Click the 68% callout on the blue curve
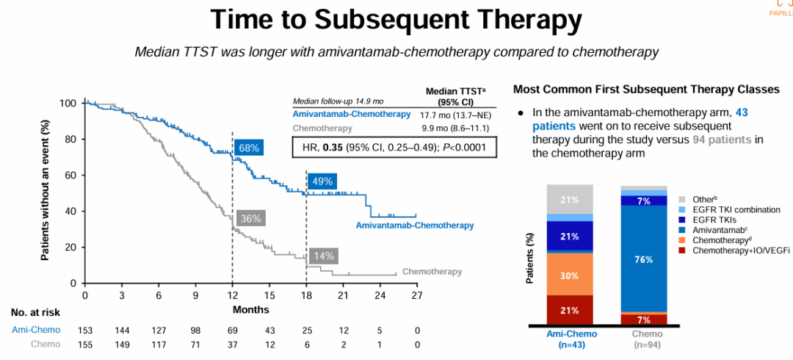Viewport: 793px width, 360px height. click(249, 148)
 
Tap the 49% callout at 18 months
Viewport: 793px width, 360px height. click(322, 181)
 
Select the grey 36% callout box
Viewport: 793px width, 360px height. click(250, 218)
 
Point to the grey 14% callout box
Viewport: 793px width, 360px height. click(322, 256)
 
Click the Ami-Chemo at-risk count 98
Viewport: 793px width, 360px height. click(195, 331)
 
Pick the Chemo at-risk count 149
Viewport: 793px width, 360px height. click(122, 344)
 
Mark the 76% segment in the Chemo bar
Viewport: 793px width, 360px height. click(644, 259)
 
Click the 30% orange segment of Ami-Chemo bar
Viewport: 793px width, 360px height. click(569, 276)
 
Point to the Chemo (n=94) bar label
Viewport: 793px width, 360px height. click(644, 338)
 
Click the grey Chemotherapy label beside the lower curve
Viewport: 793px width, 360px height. click(432, 272)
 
